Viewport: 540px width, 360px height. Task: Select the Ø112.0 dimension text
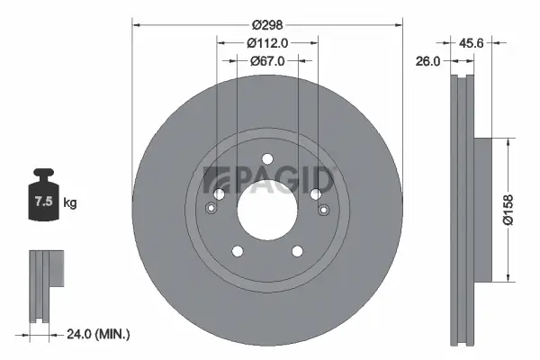[x=267, y=41]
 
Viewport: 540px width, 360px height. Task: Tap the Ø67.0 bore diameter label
[x=267, y=61]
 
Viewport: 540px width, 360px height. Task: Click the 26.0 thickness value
[x=429, y=61]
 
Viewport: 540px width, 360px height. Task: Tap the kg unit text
[x=70, y=203]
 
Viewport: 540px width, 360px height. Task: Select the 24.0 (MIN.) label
[x=97, y=334]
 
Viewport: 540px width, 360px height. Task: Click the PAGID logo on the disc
[x=270, y=180]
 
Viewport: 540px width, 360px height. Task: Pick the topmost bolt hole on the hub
[x=267, y=160]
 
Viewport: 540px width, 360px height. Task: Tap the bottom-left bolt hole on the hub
[x=238, y=251]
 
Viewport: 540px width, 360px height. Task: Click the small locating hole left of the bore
[x=211, y=209]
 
